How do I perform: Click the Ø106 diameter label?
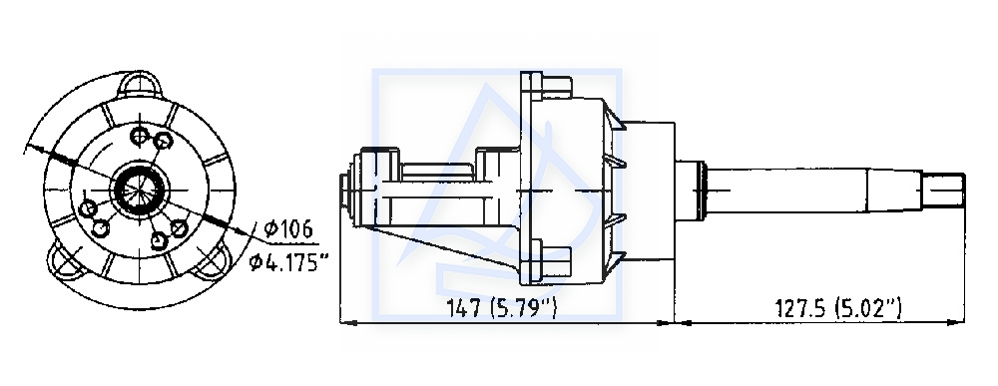click(288, 229)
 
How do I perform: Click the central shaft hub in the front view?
click(140, 189)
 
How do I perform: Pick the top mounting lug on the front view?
click(140, 85)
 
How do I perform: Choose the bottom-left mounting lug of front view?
click(67, 261)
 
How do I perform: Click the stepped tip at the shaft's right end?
click(943, 190)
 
